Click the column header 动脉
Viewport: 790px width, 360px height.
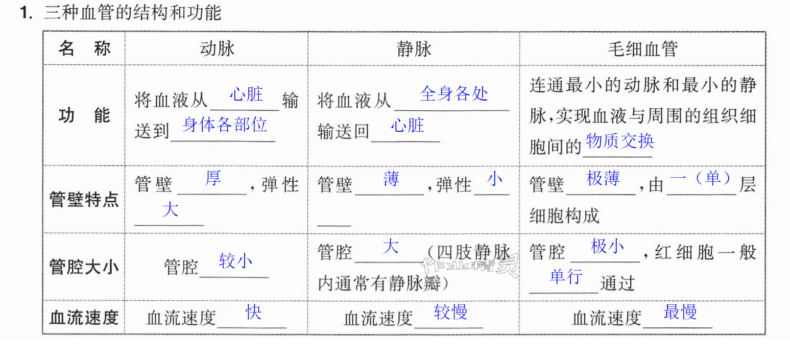(x=217, y=49)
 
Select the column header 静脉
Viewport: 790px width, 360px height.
(x=414, y=49)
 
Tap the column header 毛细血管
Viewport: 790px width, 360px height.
(x=642, y=49)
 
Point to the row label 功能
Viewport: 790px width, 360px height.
(x=84, y=115)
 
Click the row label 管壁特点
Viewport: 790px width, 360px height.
(x=84, y=199)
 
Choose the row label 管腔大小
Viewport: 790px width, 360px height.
(x=84, y=267)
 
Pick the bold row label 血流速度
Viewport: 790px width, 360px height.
(x=84, y=317)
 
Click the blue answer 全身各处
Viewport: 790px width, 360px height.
(x=454, y=93)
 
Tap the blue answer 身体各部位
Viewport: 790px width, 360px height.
(x=225, y=125)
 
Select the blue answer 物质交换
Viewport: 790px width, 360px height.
(x=619, y=141)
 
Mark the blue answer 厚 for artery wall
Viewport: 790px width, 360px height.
(x=213, y=178)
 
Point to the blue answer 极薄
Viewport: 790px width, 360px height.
(x=603, y=178)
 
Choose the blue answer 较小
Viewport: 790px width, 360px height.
(x=235, y=261)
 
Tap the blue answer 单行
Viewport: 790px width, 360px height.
(x=566, y=276)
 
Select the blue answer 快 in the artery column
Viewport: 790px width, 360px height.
(x=254, y=312)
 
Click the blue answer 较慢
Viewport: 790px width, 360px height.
(x=451, y=312)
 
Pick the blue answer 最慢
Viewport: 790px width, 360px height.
(x=680, y=312)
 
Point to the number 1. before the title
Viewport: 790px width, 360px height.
(x=27, y=13)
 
